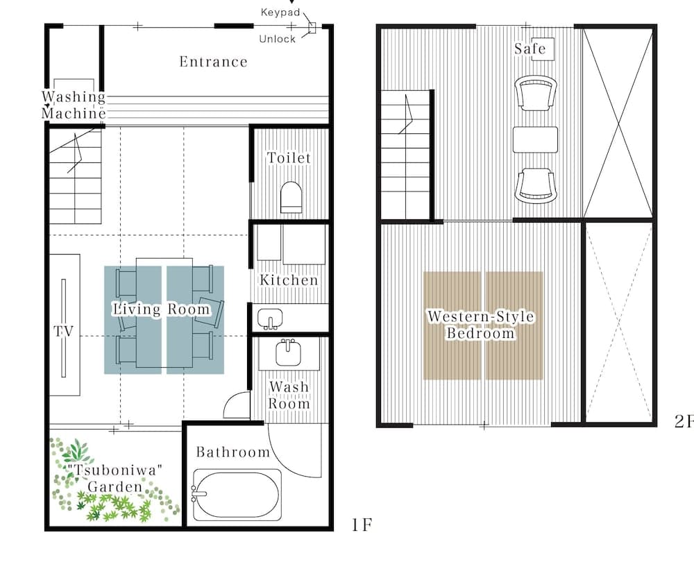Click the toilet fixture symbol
291,197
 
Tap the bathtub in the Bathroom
237,495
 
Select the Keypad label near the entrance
280,12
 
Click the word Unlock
277,39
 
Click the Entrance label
213,62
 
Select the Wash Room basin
289,352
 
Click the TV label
63,330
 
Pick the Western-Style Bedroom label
481,325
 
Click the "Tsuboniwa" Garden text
115,478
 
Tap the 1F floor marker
362,525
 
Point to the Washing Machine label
74,105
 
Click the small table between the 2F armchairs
535,140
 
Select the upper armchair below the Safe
536,94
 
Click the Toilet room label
289,158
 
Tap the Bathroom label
232,452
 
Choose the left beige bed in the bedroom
452,325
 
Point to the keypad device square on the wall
312,28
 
